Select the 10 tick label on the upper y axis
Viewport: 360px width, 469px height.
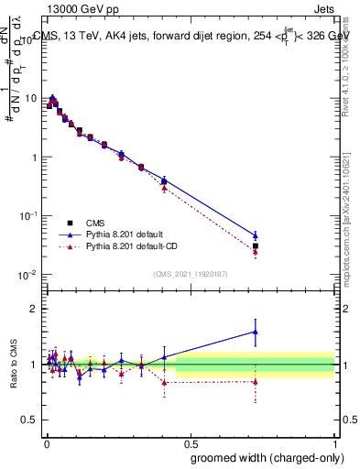[31, 98]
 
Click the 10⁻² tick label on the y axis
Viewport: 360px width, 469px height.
[28, 274]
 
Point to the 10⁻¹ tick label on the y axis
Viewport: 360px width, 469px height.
[28, 215]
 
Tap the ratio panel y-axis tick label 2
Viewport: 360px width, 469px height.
[35, 310]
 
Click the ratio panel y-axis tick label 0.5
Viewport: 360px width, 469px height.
[30, 419]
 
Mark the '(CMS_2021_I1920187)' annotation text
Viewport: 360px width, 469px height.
[190, 272]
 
